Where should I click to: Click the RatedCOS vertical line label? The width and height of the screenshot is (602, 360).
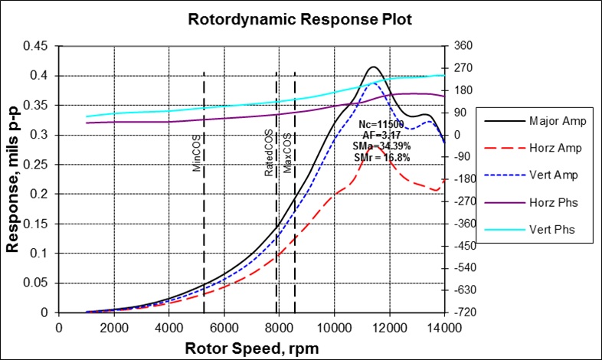(x=269, y=154)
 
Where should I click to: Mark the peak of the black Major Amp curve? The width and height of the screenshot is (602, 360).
(x=374, y=67)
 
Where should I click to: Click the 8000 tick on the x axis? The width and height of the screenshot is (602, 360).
(x=280, y=326)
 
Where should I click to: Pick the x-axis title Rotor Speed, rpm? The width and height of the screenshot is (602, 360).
(x=251, y=347)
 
